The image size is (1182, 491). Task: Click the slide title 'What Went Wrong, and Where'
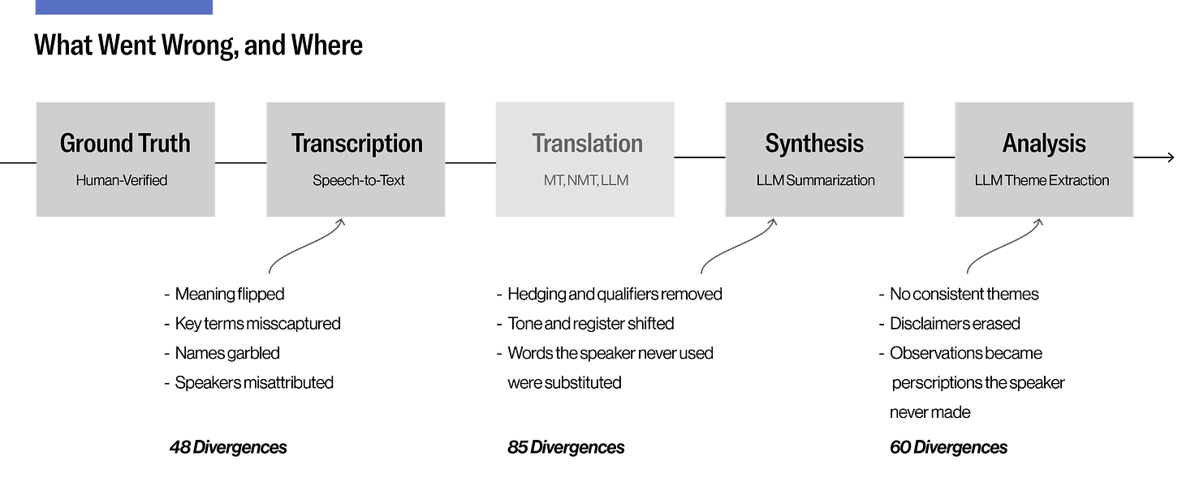(x=198, y=45)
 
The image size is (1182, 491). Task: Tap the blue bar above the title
(x=124, y=6)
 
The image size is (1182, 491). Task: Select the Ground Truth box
(x=126, y=159)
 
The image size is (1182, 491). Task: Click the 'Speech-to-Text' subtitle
(x=358, y=180)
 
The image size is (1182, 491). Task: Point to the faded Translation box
(x=585, y=159)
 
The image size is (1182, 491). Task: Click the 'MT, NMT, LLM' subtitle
(x=586, y=180)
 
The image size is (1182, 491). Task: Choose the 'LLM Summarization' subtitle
(x=815, y=180)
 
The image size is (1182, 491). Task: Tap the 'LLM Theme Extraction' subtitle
(x=1042, y=180)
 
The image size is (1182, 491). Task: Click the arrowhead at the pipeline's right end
(x=1171, y=157)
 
